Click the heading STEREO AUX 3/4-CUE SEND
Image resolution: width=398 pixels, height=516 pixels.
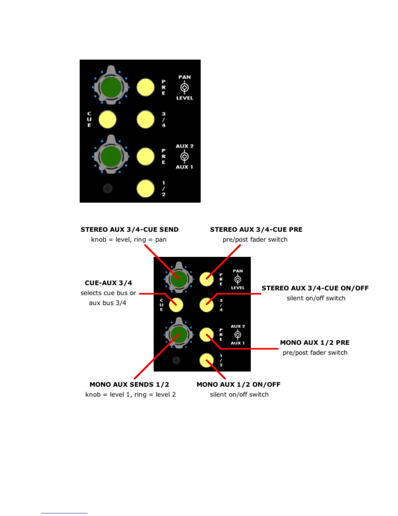click(129, 230)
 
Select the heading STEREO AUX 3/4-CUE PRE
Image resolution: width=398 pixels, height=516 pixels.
click(256, 230)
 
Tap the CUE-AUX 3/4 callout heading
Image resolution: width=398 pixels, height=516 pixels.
click(108, 283)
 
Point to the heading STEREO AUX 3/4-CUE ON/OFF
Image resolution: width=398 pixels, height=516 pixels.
click(315, 288)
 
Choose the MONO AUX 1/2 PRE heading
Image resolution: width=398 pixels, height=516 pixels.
click(314, 343)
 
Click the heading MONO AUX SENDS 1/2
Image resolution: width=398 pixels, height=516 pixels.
click(129, 385)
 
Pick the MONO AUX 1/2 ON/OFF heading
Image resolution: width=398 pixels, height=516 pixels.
click(238, 385)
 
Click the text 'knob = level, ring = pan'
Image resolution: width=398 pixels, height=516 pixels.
click(129, 240)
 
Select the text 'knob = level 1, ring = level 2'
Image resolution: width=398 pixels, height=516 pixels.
click(130, 395)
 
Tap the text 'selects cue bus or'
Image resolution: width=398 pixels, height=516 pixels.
click(108, 293)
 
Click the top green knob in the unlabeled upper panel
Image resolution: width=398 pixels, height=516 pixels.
click(111, 87)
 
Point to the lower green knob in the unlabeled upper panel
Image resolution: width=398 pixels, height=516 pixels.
click(111, 156)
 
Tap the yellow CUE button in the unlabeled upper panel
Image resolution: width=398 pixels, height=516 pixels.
click(107, 119)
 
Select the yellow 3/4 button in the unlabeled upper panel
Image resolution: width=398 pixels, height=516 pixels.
click(145, 119)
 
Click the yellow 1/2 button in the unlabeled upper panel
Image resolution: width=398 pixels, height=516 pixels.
click(145, 188)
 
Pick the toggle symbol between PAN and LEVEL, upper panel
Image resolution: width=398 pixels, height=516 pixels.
click(185, 88)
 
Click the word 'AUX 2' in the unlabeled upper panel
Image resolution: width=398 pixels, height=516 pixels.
click(184, 146)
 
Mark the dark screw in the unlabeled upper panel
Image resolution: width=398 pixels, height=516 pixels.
click(108, 189)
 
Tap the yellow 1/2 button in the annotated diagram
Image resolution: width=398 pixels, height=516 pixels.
click(206, 360)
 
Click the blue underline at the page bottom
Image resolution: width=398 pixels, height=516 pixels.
click(64, 513)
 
